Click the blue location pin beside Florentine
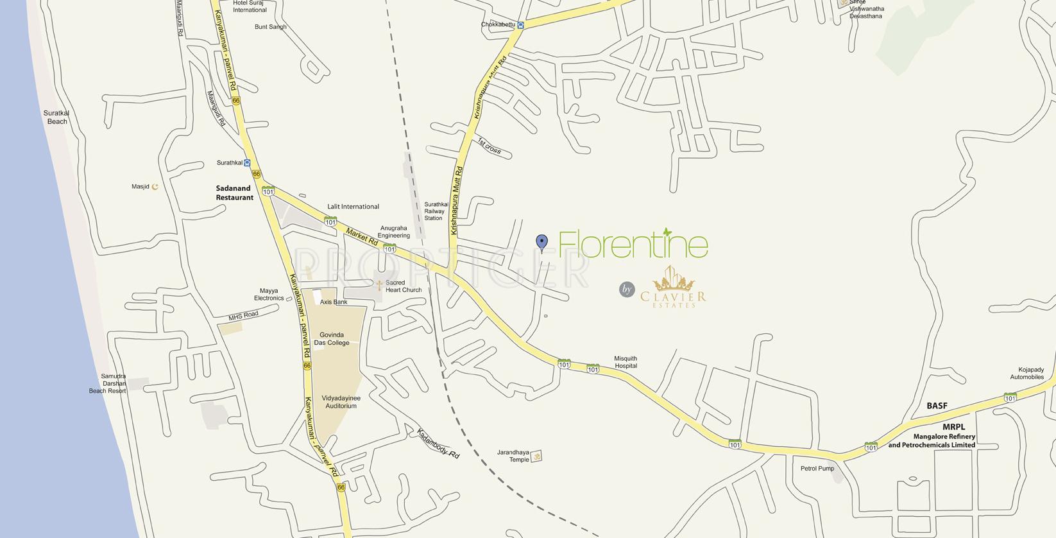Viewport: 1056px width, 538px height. (542, 242)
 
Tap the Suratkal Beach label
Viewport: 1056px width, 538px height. (56, 117)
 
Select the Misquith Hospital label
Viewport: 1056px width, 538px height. (626, 362)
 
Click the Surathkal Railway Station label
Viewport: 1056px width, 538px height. (436, 211)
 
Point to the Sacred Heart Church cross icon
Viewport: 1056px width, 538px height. (379, 285)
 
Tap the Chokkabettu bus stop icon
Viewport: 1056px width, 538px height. (521, 25)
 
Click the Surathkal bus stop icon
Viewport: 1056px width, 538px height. (247, 163)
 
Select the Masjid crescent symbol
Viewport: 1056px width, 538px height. (155, 187)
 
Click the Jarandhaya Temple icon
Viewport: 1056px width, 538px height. (537, 456)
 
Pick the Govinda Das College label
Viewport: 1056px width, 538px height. (332, 338)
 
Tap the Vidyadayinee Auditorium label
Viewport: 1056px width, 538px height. (341, 402)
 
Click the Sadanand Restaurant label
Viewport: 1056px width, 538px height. (234, 193)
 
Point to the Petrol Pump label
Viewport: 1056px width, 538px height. (817, 468)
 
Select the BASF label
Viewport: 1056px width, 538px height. (937, 406)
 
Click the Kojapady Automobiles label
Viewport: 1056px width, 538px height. (1026, 373)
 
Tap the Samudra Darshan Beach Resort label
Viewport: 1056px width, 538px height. (108, 383)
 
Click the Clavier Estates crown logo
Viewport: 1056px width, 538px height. (672, 281)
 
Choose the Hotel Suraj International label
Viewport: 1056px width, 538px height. (250, 6)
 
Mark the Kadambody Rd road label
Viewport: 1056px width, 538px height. (438, 443)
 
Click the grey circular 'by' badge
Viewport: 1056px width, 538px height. (627, 290)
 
